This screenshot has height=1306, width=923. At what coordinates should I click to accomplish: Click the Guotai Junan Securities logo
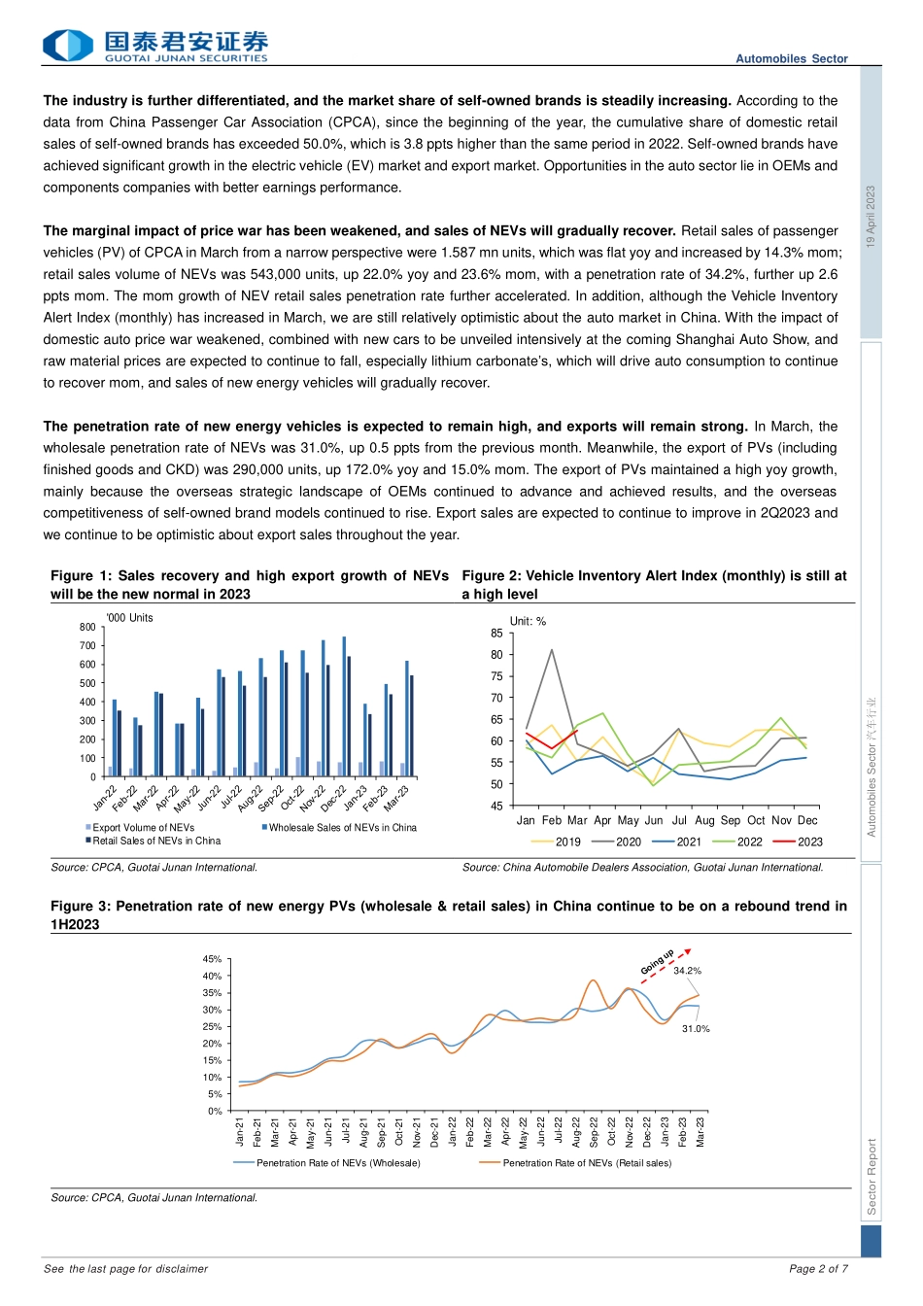pyautogui.click(x=155, y=46)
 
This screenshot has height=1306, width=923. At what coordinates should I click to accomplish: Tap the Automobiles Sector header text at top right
pyautogui.click(x=791, y=59)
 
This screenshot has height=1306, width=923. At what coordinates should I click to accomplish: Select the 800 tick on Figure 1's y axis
pyautogui.click(x=87, y=628)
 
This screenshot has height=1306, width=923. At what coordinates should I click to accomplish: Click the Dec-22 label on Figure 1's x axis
pyautogui.click(x=334, y=799)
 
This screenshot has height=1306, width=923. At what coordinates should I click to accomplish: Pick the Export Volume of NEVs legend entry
pyautogui.click(x=142, y=828)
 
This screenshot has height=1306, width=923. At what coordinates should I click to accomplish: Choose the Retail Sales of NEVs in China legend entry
pyautogui.click(x=155, y=842)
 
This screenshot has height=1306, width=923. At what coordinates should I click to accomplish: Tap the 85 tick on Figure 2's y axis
pyautogui.click(x=496, y=634)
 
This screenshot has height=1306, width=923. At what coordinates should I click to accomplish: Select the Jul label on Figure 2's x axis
pyautogui.click(x=679, y=821)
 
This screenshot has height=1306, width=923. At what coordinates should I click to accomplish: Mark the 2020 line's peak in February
pyautogui.click(x=552, y=650)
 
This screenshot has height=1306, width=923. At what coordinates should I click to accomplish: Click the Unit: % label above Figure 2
pyautogui.click(x=528, y=622)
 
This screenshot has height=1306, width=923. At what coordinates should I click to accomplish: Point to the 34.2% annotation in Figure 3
pyautogui.click(x=687, y=971)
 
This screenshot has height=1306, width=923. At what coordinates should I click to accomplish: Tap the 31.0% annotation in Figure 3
pyautogui.click(x=696, y=1029)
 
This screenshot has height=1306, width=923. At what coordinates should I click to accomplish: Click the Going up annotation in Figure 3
pyautogui.click(x=658, y=962)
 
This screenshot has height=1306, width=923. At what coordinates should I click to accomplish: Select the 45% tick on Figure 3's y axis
pyautogui.click(x=212, y=959)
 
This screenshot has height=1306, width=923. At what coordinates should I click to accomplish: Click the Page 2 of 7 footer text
pyautogui.click(x=818, y=1269)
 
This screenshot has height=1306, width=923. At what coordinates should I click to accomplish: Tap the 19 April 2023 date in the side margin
pyautogui.click(x=871, y=217)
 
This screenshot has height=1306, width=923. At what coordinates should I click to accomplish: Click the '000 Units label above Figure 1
pyautogui.click(x=129, y=618)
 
